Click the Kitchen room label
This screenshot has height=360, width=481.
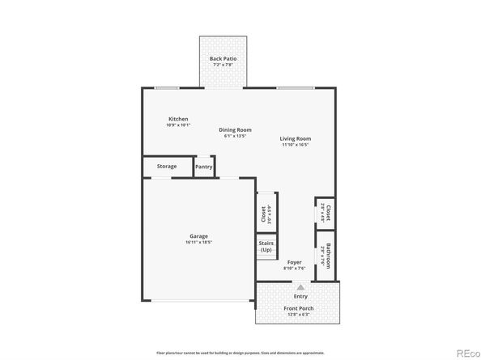[177, 119]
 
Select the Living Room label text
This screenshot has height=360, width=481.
[296, 138]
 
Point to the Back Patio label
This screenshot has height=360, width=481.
[222, 58]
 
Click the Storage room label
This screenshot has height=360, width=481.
[166, 167]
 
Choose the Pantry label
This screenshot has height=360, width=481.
[204, 167]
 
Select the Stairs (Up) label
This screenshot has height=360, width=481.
[266, 246]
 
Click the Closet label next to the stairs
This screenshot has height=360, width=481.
[263, 214]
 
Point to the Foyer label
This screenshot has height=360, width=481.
[294, 263]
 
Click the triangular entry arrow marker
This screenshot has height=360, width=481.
[300, 286]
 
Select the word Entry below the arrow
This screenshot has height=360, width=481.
[300, 296]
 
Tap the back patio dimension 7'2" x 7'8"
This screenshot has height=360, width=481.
[222, 64]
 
